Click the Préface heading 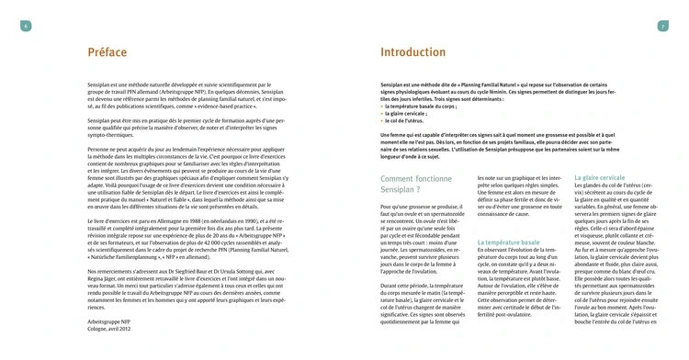107,52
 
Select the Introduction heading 413,52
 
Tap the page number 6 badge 26,25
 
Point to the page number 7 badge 662,25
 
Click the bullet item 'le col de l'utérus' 405,121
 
